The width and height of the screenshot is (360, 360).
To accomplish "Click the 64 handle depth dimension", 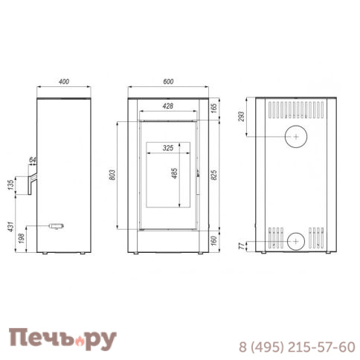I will point(32,160).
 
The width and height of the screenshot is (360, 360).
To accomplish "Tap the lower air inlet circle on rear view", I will point(295,240).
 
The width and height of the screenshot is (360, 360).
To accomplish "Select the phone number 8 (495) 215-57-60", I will point(296,347).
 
